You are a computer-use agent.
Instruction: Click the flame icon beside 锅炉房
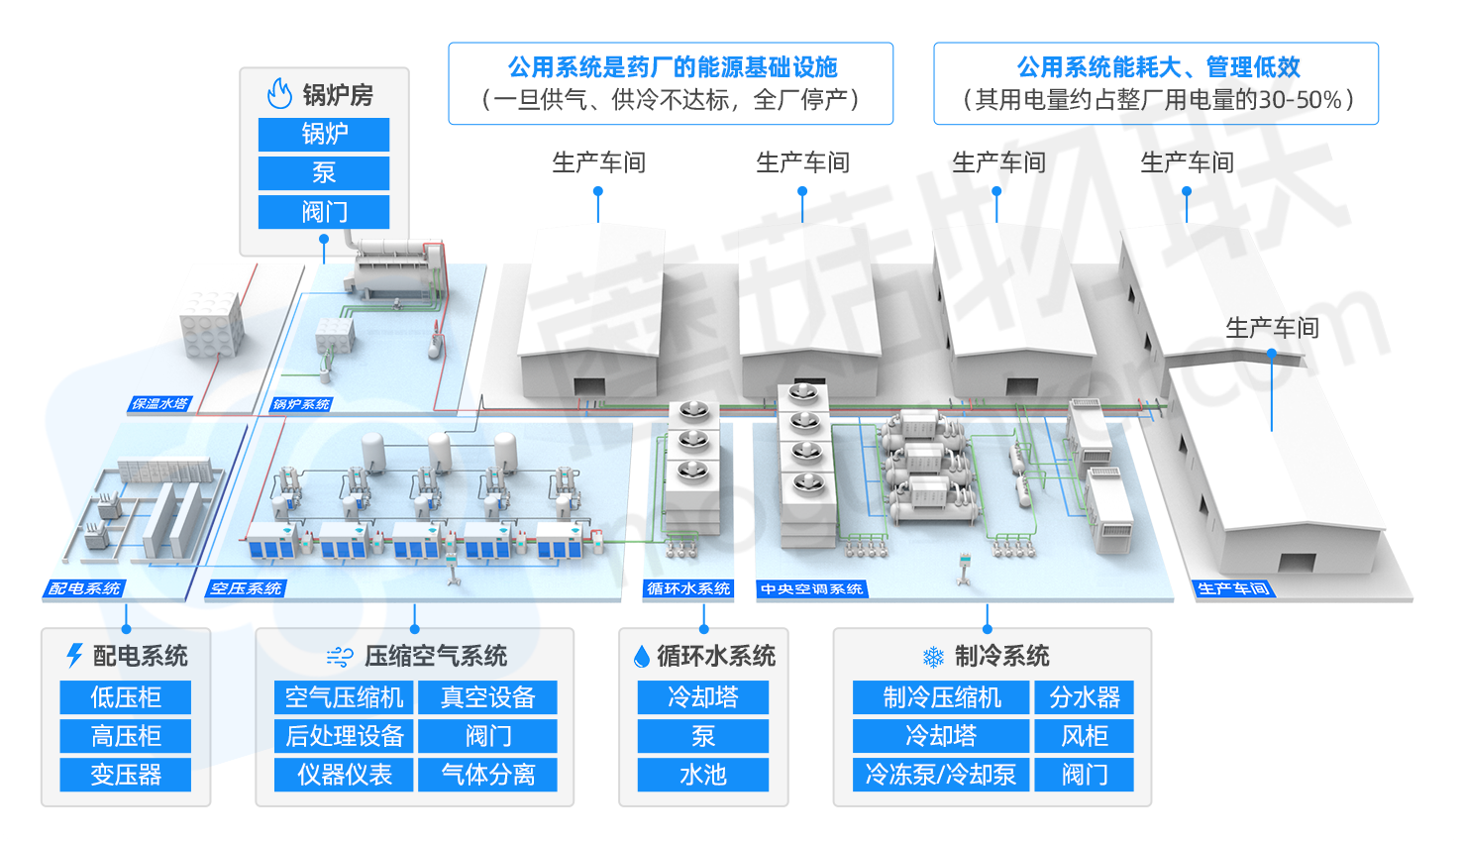click(x=279, y=94)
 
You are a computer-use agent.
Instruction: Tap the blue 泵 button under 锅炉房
click(x=324, y=173)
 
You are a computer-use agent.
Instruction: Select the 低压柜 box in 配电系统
click(x=126, y=697)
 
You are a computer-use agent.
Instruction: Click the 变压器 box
click(x=126, y=775)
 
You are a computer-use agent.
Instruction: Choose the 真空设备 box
click(x=487, y=697)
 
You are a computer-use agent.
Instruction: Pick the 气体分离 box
click(x=487, y=775)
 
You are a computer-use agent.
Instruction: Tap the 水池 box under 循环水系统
click(x=702, y=775)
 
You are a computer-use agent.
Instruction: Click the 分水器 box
click(x=1085, y=697)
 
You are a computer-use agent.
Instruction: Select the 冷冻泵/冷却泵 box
click(x=941, y=775)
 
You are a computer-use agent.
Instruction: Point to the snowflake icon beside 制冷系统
click(x=933, y=657)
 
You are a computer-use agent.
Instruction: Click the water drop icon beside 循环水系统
click(x=642, y=657)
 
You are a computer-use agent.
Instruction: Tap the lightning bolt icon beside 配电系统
click(x=75, y=656)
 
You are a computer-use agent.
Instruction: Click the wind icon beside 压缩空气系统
click(x=340, y=657)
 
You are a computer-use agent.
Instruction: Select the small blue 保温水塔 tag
click(x=159, y=404)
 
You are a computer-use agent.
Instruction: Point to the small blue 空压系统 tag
click(x=246, y=589)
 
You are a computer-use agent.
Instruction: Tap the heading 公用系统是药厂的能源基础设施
click(x=672, y=67)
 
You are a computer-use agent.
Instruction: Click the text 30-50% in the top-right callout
click(x=1300, y=100)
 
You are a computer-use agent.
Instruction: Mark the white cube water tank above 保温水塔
click(x=211, y=324)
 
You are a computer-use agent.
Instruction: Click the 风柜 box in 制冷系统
click(x=1085, y=736)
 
